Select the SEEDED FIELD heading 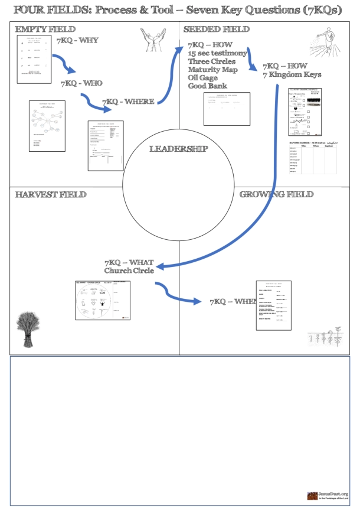(216, 29)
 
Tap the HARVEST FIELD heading (51, 194)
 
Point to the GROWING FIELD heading (276, 194)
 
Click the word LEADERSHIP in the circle (178, 149)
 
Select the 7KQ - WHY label (77, 40)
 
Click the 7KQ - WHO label (81, 83)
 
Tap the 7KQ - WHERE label (129, 102)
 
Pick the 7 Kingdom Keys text (292, 75)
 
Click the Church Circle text (129, 271)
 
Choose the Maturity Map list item (213, 70)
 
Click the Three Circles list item (211, 61)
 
